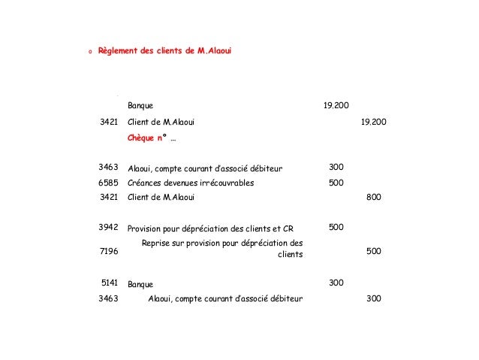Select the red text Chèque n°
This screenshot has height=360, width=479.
point(148,138)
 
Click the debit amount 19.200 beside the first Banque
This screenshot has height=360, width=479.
point(336,105)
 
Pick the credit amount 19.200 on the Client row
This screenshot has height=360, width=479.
point(375,122)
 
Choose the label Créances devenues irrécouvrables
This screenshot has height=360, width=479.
point(191,183)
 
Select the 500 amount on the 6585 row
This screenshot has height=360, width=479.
point(336,183)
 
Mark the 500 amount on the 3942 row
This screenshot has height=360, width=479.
point(336,227)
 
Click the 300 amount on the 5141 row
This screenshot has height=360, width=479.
point(336,283)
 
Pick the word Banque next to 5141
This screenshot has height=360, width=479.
point(140,285)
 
